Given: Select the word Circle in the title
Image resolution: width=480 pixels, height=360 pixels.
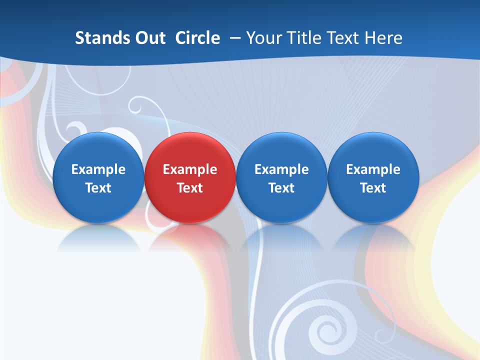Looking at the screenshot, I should [197, 38].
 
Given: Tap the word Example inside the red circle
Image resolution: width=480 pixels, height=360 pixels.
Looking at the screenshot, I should [190, 169].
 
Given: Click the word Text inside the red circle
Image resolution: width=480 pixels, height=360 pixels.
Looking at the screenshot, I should [190, 188].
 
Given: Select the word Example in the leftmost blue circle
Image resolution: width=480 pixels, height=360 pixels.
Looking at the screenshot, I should [98, 169].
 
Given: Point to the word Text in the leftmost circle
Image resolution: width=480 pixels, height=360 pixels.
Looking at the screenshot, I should [98, 188].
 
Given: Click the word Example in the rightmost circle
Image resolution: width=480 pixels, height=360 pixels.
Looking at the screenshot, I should [373, 169].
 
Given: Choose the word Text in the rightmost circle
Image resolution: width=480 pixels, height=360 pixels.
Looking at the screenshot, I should [373, 188].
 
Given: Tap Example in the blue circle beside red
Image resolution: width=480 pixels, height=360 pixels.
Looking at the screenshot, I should [281, 169].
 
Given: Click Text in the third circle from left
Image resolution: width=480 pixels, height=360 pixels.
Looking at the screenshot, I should [281, 188].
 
